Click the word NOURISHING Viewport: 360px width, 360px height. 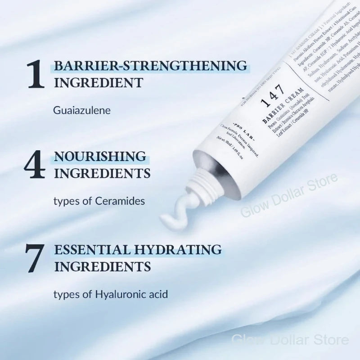(x=100, y=157)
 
